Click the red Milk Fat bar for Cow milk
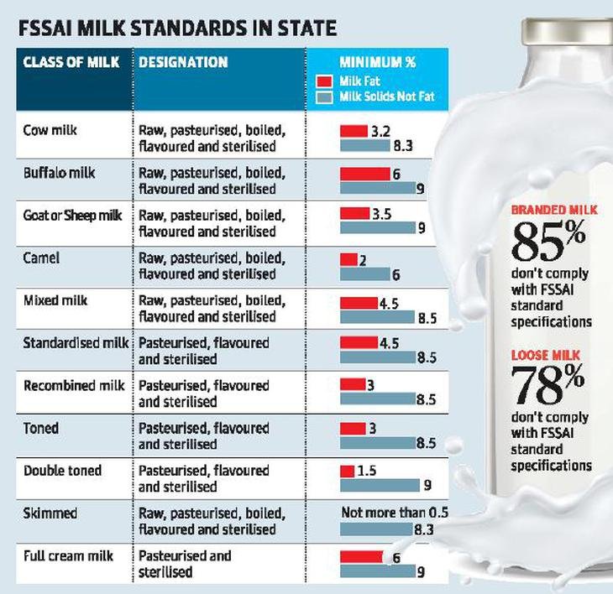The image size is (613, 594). (x=354, y=132)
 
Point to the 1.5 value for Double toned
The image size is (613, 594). (x=367, y=472)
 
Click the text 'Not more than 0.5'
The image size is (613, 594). (x=395, y=513)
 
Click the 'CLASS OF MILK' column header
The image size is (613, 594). (x=71, y=63)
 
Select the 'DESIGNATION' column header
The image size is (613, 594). (x=183, y=63)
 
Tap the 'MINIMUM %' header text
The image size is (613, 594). (x=377, y=63)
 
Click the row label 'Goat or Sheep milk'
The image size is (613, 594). (x=73, y=216)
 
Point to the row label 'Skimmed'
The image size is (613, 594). (x=50, y=513)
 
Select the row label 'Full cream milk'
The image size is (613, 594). (x=68, y=555)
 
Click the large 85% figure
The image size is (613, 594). (x=549, y=242)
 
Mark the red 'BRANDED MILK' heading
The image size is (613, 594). (x=554, y=210)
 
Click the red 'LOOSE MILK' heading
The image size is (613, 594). (x=546, y=356)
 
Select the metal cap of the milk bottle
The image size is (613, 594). (x=567, y=25)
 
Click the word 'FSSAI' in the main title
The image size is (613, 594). (x=50, y=29)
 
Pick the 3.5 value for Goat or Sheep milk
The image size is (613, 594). (x=382, y=215)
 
